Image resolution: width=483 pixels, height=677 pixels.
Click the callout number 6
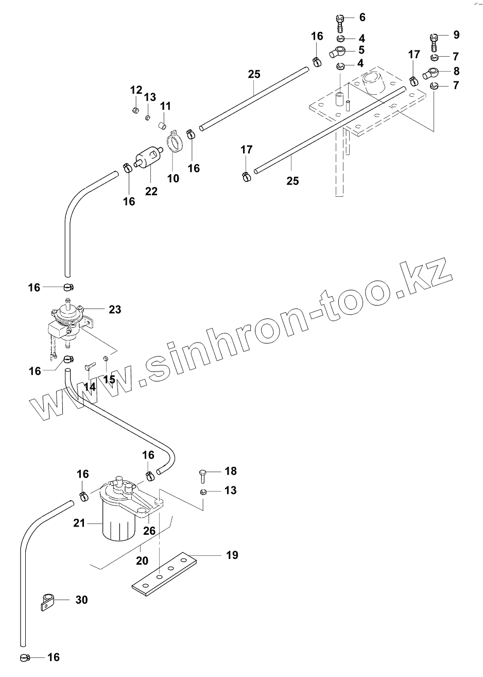(x=362, y=18)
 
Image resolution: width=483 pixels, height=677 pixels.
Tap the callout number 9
(x=456, y=35)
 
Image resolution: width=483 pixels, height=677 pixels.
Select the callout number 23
(x=114, y=310)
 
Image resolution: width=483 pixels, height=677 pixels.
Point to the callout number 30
(x=81, y=600)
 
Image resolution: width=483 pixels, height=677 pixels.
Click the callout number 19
(x=232, y=555)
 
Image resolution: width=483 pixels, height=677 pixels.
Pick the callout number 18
(x=230, y=471)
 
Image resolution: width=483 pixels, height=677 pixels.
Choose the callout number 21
(x=79, y=523)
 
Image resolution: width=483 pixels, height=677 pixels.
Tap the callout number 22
(x=151, y=191)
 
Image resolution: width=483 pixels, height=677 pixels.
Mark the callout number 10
(x=173, y=178)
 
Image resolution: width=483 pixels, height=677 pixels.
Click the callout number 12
(x=135, y=90)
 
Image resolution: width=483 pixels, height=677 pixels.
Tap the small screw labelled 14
(x=89, y=367)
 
